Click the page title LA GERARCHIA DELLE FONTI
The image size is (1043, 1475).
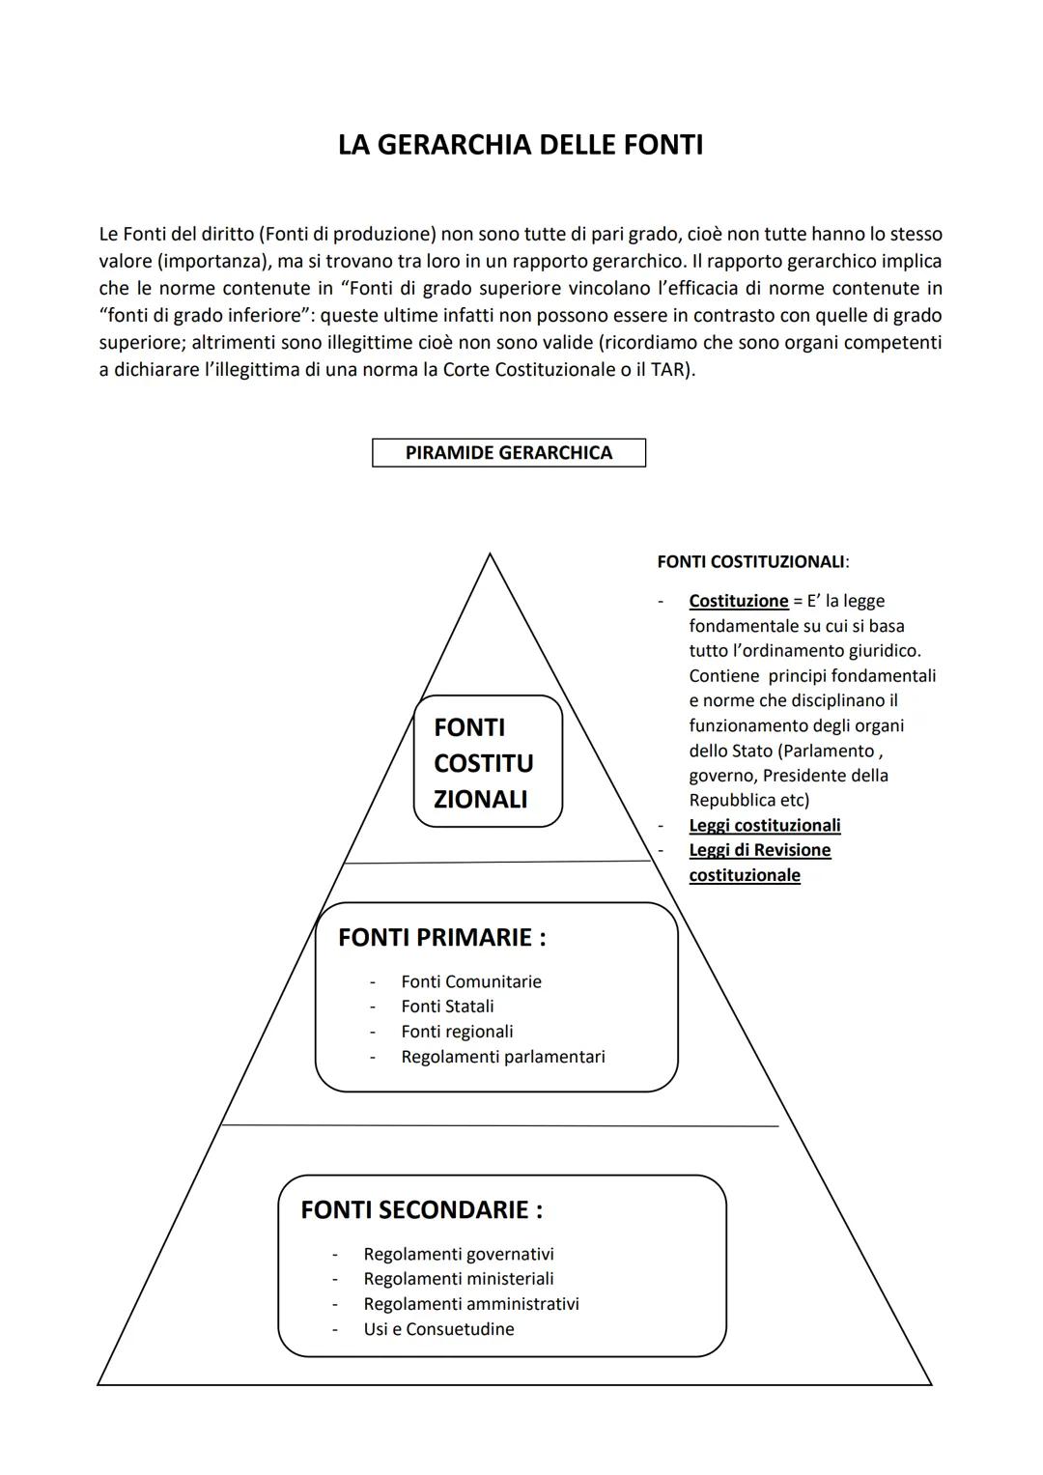tap(521, 145)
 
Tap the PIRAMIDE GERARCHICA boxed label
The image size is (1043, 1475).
tap(509, 453)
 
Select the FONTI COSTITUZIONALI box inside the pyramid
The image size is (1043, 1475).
tap(488, 762)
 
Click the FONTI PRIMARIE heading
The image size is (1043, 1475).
tap(442, 938)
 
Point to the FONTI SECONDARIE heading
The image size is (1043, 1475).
tap(421, 1210)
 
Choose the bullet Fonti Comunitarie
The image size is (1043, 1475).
tap(471, 981)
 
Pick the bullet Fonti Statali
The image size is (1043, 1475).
tap(447, 1007)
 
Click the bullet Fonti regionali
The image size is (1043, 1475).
tap(457, 1032)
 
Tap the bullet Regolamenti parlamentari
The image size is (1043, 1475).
tap(503, 1057)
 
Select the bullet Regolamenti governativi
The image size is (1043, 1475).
tap(459, 1254)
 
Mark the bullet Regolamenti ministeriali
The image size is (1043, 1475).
tap(459, 1279)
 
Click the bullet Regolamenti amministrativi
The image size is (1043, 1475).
tap(471, 1304)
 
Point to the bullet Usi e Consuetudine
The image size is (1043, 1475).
tap(438, 1329)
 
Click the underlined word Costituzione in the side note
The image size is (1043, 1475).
tap(739, 601)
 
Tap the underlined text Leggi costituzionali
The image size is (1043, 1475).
tap(765, 825)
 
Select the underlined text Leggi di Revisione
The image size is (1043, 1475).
tap(760, 850)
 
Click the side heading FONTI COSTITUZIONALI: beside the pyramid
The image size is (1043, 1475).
tap(752, 561)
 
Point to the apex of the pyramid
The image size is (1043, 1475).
tap(490, 554)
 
